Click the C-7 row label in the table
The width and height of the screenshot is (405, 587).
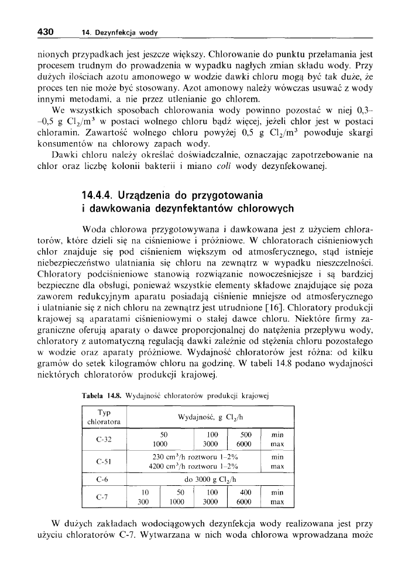(x=104, y=498)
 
